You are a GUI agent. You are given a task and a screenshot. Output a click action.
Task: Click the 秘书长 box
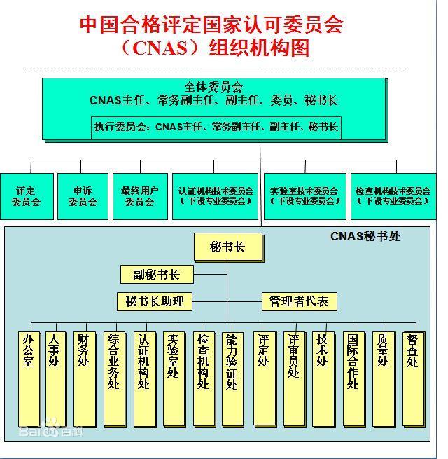[228, 247]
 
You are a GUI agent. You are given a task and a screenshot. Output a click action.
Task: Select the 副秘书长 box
[157, 274]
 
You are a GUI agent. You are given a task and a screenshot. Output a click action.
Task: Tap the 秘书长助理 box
[155, 301]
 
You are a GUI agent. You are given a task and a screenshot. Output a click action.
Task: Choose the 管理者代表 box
[299, 301]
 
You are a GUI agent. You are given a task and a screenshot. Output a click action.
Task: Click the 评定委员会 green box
[27, 196]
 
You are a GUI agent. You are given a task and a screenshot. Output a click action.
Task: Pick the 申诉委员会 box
[83, 196]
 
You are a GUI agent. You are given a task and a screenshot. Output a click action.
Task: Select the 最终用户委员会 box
[140, 196]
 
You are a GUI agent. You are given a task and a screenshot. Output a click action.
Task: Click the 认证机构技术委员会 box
[215, 196]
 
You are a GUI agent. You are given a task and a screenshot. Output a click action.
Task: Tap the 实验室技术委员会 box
[305, 196]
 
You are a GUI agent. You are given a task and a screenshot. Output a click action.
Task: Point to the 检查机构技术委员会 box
[393, 196]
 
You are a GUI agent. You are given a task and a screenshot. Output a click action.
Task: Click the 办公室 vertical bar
[29, 379]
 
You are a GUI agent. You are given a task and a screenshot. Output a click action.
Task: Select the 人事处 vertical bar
[56, 379]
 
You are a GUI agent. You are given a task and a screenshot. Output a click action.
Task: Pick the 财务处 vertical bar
[85, 379]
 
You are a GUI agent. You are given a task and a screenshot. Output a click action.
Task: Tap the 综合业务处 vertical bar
[115, 379]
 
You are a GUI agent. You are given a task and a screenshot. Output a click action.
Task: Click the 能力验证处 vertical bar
[233, 379]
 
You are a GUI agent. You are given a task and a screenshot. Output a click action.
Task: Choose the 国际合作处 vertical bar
[353, 379]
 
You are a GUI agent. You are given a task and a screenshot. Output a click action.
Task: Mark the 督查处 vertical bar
[414, 379]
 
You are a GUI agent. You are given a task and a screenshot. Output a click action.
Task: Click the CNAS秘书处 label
[365, 236]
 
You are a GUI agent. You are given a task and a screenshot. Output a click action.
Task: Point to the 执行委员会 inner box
[216, 128]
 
